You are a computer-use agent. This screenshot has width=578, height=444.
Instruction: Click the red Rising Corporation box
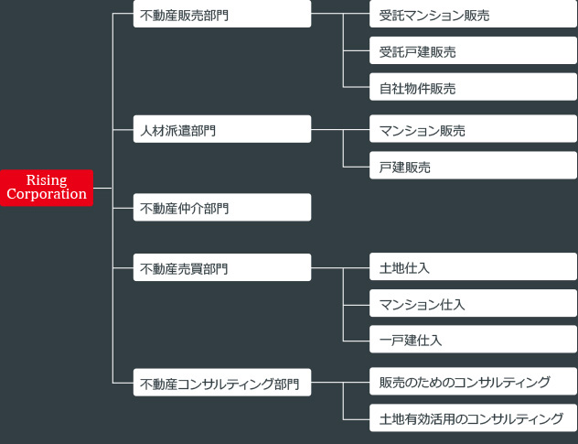pos(47,187)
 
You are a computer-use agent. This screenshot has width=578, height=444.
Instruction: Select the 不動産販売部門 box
pos(221,15)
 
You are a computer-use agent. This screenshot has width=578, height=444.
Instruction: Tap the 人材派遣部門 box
pos(221,130)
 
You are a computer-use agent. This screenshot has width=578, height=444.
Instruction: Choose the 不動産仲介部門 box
pos(221,208)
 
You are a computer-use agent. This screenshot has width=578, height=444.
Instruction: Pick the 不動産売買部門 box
pos(221,268)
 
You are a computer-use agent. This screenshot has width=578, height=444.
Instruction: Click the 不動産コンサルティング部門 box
pos(221,383)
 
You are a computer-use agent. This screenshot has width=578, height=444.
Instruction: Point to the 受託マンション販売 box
pos(473,15)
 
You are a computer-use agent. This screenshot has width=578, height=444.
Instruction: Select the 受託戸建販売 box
pos(473,51)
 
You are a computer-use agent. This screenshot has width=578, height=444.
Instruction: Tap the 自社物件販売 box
pos(473,88)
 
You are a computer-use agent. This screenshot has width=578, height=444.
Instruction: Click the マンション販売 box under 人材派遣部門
pos(473,130)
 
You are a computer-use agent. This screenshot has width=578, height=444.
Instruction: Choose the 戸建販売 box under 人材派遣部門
pos(473,167)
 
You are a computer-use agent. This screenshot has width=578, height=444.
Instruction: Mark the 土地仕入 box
pos(473,268)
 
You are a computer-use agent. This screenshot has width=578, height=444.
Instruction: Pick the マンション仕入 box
pos(473,304)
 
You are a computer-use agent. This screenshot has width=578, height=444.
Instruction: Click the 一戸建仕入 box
pos(473,340)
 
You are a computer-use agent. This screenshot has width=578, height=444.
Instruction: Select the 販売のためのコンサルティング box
pos(473,382)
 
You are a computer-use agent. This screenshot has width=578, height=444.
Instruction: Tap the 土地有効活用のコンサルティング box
pos(473,418)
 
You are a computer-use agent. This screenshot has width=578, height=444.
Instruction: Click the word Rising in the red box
pos(47,180)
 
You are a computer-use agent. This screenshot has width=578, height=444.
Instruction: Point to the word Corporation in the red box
pos(47,194)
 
